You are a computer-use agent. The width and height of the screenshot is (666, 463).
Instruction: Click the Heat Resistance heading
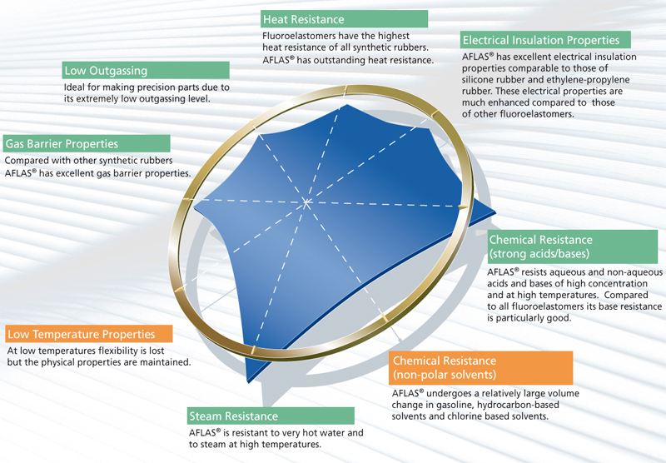pyautogui.click(x=304, y=19)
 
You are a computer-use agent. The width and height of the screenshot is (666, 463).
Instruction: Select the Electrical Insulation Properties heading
pyautogui.click(x=541, y=40)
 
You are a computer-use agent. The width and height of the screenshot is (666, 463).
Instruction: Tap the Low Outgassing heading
pyautogui.click(x=106, y=71)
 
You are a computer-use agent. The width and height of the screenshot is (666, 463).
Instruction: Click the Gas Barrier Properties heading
pyautogui.click(x=62, y=143)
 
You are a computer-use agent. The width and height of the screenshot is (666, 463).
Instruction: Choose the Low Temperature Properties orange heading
pyautogui.click(x=81, y=334)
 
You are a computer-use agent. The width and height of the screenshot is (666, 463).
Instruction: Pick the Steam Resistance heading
pyautogui.click(x=234, y=416)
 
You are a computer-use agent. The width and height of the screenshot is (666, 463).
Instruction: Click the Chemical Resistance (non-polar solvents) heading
pyautogui.click(x=445, y=367)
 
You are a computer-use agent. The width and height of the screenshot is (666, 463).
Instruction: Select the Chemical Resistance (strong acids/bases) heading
pyautogui.click(x=540, y=246)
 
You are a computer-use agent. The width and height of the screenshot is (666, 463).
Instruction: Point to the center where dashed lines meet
pyautogui.click(x=306, y=202)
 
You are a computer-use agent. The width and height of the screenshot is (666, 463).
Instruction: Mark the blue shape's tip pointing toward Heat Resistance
pyautogui.click(x=347, y=104)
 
